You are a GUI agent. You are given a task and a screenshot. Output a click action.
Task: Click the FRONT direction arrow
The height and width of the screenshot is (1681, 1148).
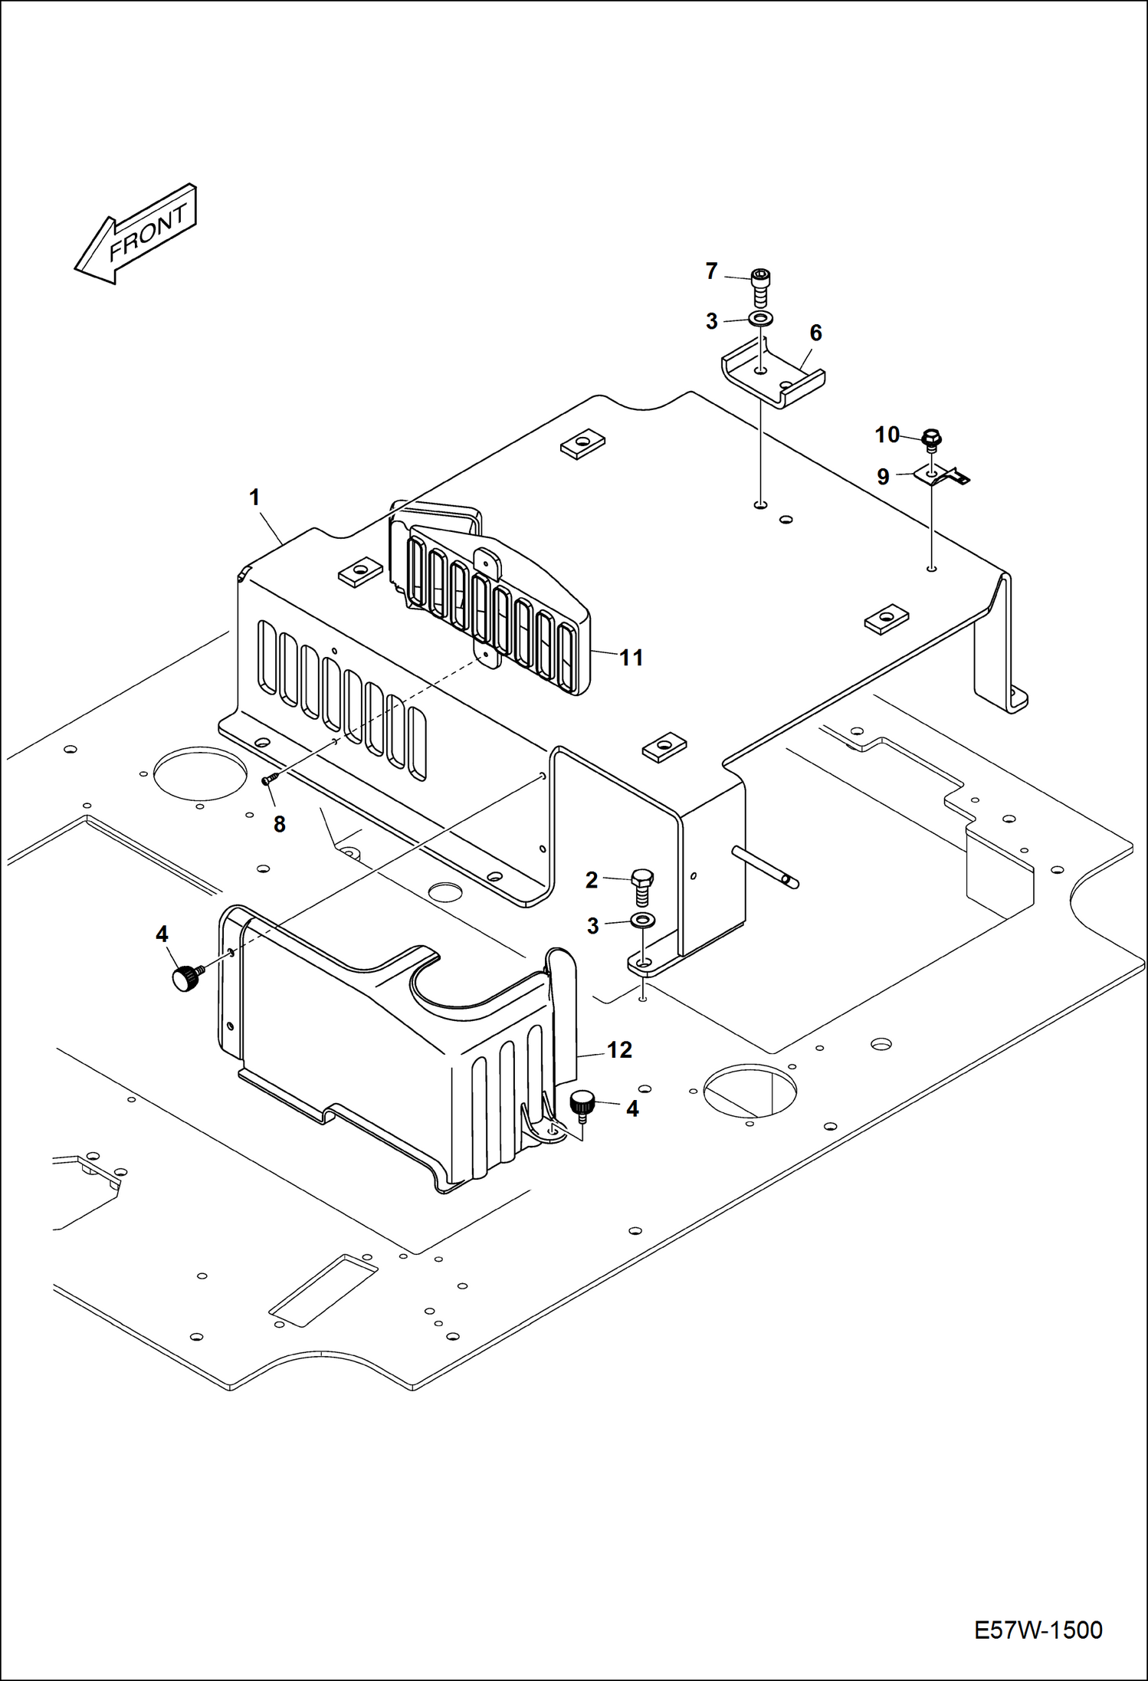click(136, 234)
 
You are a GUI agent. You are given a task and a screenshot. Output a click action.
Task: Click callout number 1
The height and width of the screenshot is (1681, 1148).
click(254, 497)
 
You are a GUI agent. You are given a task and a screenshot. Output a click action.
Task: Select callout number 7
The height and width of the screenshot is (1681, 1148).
click(711, 271)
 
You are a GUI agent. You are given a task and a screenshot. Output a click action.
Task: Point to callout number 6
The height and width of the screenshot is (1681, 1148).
click(815, 333)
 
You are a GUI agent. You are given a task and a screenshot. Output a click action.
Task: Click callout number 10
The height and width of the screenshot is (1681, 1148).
click(887, 435)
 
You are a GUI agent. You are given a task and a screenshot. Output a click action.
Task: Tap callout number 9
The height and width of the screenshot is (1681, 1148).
click(883, 477)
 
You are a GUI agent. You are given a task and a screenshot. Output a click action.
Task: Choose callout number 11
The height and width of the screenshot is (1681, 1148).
click(631, 657)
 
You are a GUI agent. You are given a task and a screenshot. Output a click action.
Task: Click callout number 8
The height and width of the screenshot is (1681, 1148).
click(280, 824)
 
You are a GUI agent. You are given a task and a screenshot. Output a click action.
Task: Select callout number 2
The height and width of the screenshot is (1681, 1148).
click(592, 880)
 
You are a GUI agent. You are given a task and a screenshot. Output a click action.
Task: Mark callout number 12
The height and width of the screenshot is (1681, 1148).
click(619, 1049)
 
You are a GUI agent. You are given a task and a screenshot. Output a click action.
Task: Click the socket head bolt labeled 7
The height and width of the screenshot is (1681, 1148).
click(760, 287)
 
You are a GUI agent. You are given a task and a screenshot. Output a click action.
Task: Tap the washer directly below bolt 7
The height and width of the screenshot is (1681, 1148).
click(761, 319)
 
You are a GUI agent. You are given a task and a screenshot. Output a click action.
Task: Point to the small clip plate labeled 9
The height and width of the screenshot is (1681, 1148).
click(943, 476)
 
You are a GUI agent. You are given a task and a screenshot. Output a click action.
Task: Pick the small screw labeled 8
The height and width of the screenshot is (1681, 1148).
click(269, 779)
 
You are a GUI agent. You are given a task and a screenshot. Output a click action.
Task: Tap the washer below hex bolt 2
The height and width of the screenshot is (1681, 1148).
click(642, 920)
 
